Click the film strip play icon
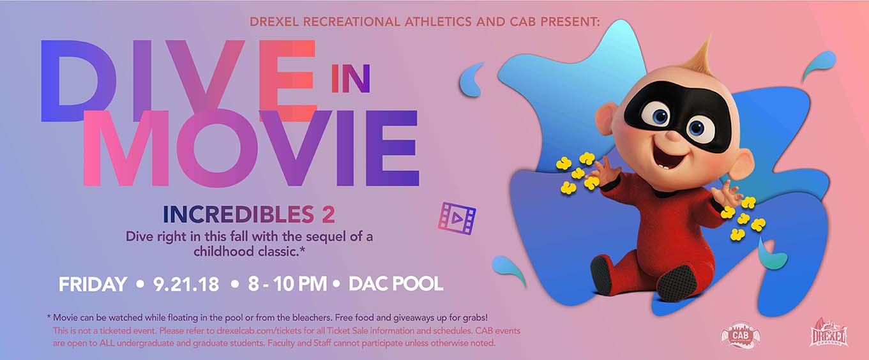click(x=457, y=218)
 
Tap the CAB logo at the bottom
click(x=740, y=336)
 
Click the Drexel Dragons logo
click(x=828, y=334)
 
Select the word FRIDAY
click(x=93, y=284)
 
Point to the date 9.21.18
click(x=186, y=284)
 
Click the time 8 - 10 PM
click(x=287, y=284)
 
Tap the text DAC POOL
click(x=396, y=284)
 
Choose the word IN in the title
click(x=351, y=79)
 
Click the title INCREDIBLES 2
click(x=248, y=214)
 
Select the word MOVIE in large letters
click(x=251, y=148)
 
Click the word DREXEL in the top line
click(x=274, y=22)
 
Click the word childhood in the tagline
click(x=218, y=251)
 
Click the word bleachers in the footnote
click(x=311, y=318)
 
